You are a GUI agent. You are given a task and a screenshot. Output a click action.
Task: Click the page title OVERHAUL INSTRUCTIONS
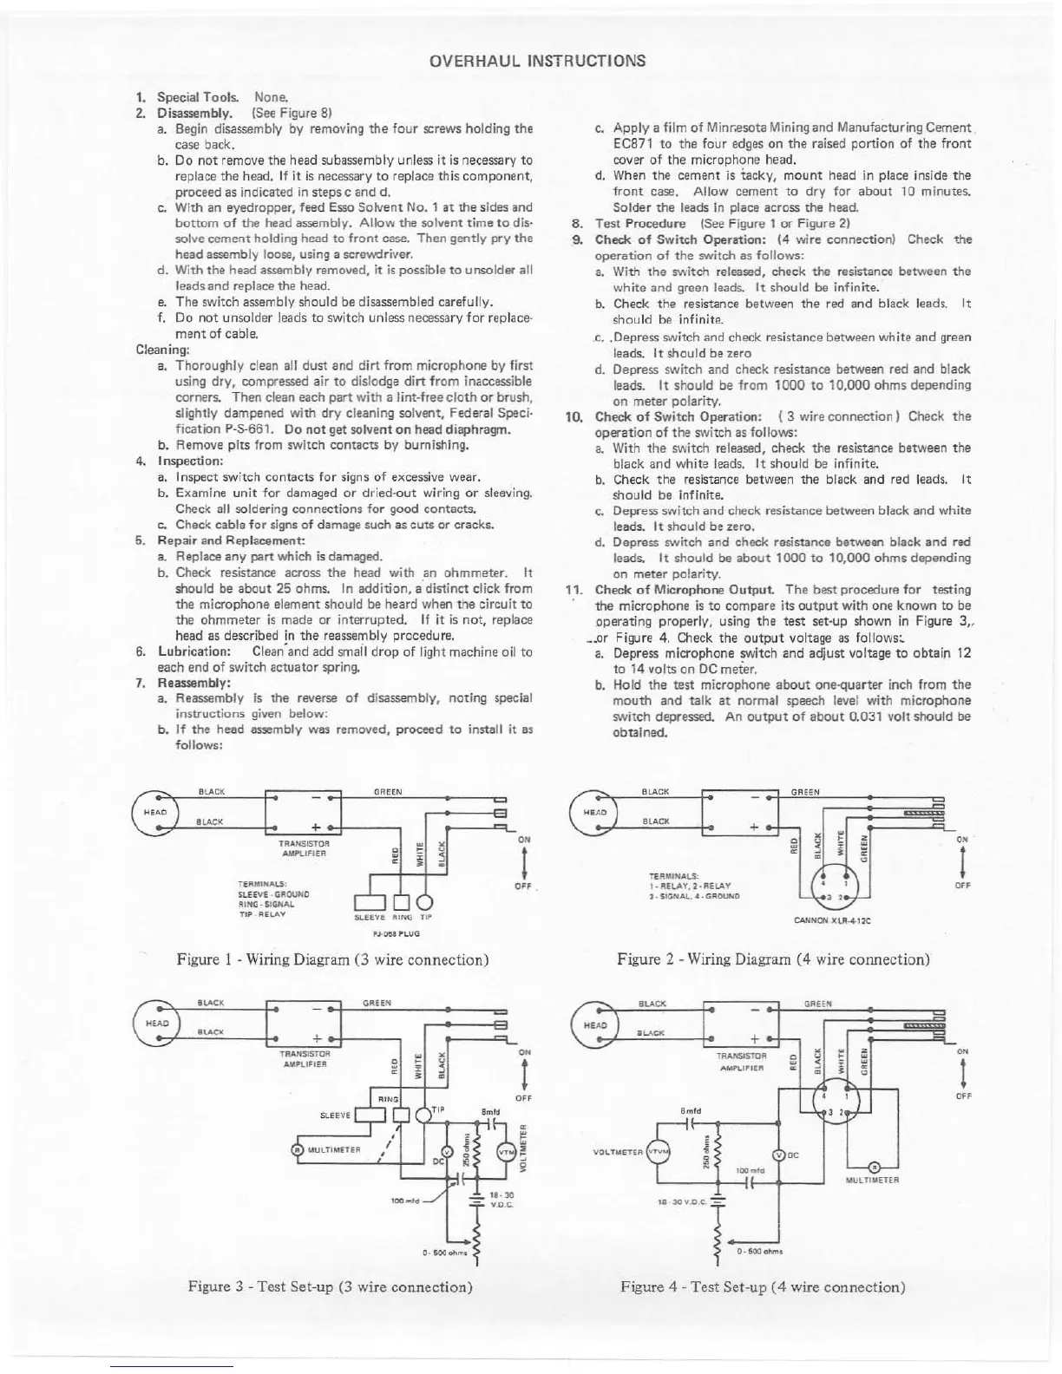point(538,61)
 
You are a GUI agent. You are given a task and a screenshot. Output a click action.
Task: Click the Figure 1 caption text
point(332,959)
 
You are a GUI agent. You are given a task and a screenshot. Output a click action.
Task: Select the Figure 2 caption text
point(773,959)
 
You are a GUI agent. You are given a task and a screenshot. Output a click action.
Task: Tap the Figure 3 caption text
point(330,1286)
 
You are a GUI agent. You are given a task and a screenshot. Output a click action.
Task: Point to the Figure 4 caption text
point(763,1286)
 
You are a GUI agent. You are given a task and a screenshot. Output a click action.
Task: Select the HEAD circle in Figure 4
point(593,1024)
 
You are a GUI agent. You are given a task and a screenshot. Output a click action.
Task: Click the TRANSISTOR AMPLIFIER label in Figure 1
point(303,847)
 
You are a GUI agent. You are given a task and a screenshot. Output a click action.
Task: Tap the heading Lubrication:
point(193,651)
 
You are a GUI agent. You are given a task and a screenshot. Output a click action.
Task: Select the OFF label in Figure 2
point(960,886)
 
